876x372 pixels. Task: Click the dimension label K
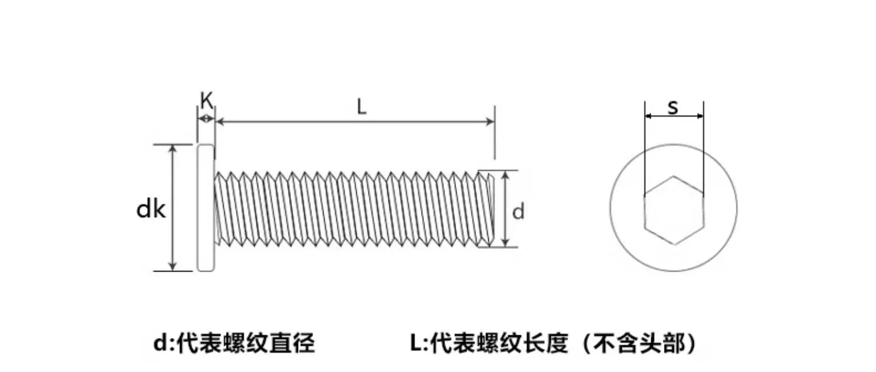207,100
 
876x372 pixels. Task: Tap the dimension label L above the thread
361,106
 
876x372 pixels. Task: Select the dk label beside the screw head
151,210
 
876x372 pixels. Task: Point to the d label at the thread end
518,212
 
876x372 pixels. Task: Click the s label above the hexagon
673,107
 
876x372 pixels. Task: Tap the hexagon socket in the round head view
674,210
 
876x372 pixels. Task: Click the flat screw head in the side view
206,208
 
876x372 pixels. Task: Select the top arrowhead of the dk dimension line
173,149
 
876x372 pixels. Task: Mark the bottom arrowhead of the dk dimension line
173,266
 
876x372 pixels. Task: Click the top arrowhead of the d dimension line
505,175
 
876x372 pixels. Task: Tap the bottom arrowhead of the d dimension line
505,242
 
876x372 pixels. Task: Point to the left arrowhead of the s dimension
648,116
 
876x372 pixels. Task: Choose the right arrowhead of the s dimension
700,116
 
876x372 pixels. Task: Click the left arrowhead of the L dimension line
220,121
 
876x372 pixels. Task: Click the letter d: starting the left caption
164,343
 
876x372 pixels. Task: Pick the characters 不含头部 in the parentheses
639,343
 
